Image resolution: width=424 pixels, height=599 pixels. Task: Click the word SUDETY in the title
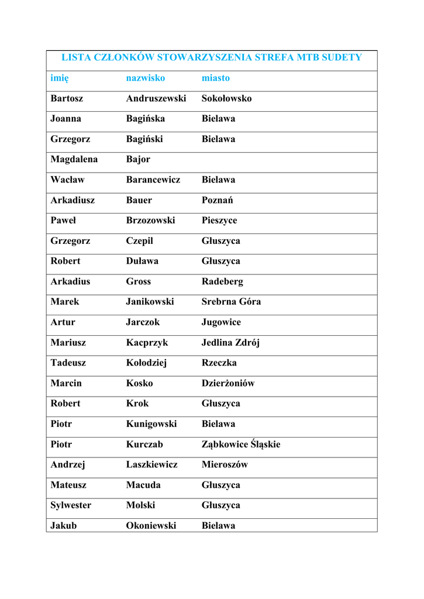pos(342,57)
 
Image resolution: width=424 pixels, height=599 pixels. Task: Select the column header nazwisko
pos(146,78)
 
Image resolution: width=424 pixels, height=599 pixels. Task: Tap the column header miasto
pos(216,78)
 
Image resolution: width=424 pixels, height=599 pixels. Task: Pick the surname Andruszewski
pos(156,98)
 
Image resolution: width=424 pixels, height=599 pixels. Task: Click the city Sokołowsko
pos(227,98)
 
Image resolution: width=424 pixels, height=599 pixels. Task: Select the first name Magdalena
pos(74,159)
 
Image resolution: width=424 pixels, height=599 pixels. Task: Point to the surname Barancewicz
pos(153,180)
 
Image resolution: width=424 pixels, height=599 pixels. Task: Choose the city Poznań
pos(218,200)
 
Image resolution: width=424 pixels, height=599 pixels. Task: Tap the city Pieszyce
pos(219,221)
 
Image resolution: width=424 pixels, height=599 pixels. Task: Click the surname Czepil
pos(140,241)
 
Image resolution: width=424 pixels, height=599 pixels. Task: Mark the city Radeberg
pos(222,281)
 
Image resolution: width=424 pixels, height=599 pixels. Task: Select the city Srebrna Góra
pos(232,302)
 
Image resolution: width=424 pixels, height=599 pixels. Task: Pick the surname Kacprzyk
pos(147,343)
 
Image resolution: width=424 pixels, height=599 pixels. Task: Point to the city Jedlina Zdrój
pos(231,343)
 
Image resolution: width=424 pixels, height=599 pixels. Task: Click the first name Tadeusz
pos(68,363)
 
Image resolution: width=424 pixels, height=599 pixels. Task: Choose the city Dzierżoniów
pos(228,383)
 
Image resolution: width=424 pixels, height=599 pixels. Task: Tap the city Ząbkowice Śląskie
pos(241,445)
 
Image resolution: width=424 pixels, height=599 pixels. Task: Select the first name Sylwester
pos(71,505)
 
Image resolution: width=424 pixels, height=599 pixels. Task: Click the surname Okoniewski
pos(151,525)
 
